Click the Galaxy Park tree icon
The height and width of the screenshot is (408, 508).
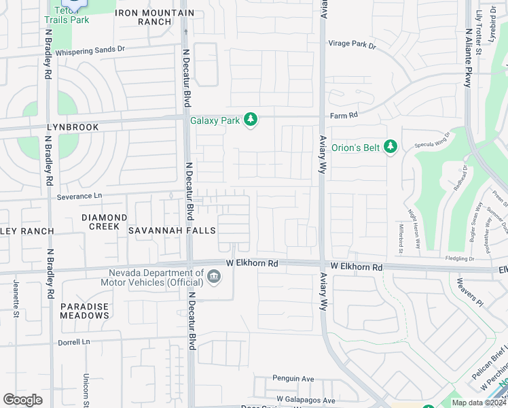pyautogui.click(x=251, y=120)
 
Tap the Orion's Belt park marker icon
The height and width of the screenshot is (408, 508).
pyautogui.click(x=390, y=147)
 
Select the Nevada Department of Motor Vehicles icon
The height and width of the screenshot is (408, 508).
pyautogui.click(x=214, y=275)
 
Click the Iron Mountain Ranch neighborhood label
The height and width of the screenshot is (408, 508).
pyautogui.click(x=154, y=18)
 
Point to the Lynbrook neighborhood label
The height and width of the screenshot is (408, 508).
pyautogui.click(x=73, y=127)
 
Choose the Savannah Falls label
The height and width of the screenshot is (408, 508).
pyautogui.click(x=172, y=231)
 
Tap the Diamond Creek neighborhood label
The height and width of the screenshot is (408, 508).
pyautogui.click(x=104, y=222)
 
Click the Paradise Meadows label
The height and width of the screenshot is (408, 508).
pyautogui.click(x=84, y=311)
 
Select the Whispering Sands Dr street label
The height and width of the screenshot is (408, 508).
pyautogui.click(x=90, y=51)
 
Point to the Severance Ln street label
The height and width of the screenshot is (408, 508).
pyautogui.click(x=78, y=196)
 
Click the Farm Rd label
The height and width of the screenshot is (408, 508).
pyautogui.click(x=344, y=116)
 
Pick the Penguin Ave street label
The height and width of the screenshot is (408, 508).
pyautogui.click(x=293, y=378)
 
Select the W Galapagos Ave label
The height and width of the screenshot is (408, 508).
pyautogui.click(x=306, y=400)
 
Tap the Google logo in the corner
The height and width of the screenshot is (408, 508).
pyautogui.click(x=22, y=400)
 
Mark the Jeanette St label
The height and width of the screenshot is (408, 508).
pyautogui.click(x=16, y=298)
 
